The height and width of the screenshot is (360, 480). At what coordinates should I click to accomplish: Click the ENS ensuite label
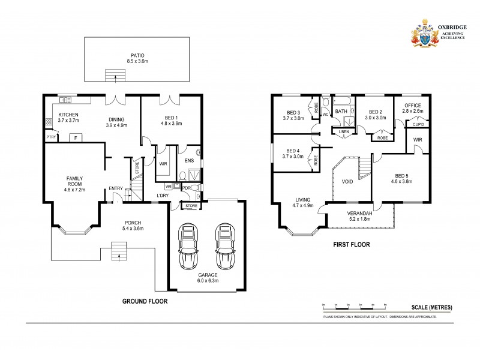[189, 161]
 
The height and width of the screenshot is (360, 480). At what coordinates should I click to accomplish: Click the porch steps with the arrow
[119, 253]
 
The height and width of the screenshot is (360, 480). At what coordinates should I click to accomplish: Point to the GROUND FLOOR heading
[145, 301]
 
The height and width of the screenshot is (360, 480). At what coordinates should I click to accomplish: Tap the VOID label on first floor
[347, 181]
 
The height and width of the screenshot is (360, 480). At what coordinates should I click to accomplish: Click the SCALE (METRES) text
[431, 307]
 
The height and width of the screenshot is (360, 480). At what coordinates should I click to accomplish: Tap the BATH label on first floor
[341, 112]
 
